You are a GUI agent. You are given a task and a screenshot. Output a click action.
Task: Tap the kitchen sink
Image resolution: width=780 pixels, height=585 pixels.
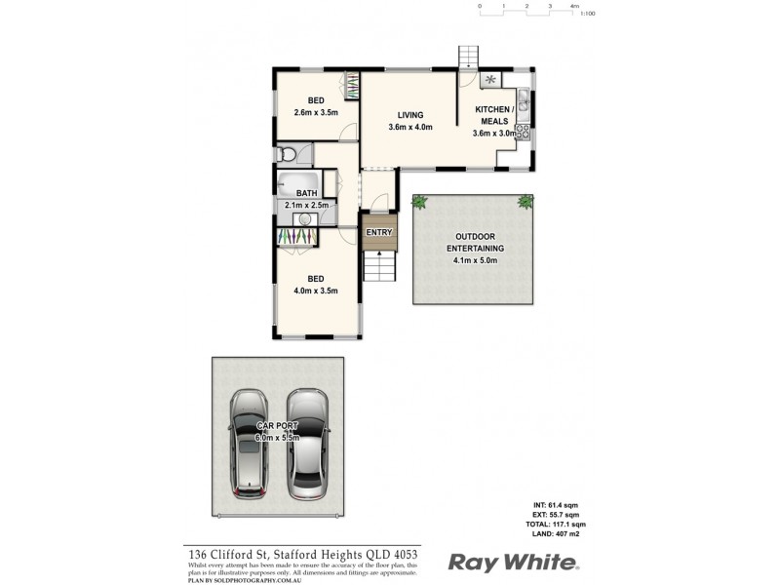point(523,99)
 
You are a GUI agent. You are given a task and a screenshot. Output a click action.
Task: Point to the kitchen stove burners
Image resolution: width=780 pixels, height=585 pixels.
point(523,128)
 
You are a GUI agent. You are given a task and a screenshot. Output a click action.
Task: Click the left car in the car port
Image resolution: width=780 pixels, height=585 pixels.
point(253,444)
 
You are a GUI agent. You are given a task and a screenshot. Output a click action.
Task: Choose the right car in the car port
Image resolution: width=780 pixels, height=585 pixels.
point(307,444)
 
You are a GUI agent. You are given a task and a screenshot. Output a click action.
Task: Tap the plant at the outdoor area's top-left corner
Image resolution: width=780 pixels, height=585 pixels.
point(420,202)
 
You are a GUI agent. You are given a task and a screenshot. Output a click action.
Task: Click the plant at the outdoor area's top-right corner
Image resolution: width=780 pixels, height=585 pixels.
point(526,202)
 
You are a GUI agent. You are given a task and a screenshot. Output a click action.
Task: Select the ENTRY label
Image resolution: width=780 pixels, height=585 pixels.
point(378,232)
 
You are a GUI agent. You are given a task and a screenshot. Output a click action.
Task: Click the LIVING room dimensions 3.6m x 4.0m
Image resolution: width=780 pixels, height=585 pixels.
point(409,127)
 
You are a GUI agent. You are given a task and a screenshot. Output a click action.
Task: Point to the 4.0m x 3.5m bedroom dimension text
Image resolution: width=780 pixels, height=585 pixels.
point(316,291)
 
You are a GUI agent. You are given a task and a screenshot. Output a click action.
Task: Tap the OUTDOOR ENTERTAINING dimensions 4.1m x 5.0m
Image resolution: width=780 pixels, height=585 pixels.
point(473,260)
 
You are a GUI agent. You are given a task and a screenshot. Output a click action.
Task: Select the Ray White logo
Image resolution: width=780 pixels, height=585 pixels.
point(513,563)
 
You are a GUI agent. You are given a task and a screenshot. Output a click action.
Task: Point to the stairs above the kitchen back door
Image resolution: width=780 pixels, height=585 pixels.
point(470,57)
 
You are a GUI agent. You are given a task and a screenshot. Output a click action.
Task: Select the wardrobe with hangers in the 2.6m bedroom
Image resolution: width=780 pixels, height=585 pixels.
point(349,84)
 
